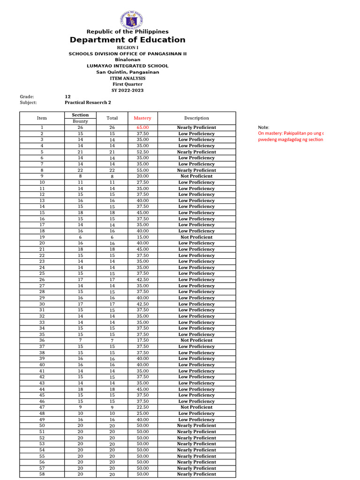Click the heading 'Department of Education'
point(127,40)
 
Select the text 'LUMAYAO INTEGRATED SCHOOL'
point(127,66)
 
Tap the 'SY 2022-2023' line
point(127,90)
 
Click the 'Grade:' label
point(27,97)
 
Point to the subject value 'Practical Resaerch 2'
point(88,102)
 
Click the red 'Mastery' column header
point(142,118)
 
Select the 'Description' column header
point(196,118)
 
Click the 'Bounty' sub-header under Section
point(80,121)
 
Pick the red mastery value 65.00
point(142,127)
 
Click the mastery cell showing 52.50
point(142,152)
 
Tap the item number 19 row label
point(42,237)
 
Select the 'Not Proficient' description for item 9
point(196,176)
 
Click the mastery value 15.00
point(142,237)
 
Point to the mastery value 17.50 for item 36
point(142,340)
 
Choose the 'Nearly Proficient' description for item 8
point(196,170)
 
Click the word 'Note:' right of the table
point(263,127)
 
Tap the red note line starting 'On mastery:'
point(291,134)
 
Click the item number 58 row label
point(42,474)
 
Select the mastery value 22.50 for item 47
point(142,407)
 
